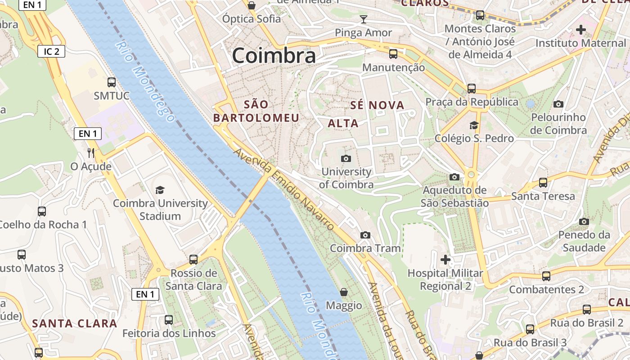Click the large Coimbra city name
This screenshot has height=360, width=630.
point(274,56)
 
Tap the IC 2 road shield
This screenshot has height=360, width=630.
point(51,51)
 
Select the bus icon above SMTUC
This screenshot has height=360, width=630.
point(112,82)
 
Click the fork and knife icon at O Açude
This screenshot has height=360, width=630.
point(91,153)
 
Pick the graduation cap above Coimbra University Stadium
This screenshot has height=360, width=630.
point(160,190)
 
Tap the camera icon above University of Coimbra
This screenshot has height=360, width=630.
point(346,158)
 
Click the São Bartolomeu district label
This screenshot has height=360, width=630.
point(256,111)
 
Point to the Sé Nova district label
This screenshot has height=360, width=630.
point(377,105)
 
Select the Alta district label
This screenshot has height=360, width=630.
point(343,123)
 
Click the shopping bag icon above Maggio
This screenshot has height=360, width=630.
point(344,292)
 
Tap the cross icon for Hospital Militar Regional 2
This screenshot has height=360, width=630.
point(445,260)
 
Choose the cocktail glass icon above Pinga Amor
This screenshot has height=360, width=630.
point(364,19)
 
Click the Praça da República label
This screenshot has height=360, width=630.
point(472,102)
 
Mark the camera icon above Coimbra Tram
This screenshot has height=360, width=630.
point(365,235)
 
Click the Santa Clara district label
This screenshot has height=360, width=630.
point(75,323)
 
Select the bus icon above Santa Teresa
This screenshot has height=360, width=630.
point(543,183)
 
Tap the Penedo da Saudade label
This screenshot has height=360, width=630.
point(584,241)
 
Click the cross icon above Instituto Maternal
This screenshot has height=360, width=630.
point(581,30)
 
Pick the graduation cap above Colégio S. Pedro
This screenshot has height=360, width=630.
point(474,125)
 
